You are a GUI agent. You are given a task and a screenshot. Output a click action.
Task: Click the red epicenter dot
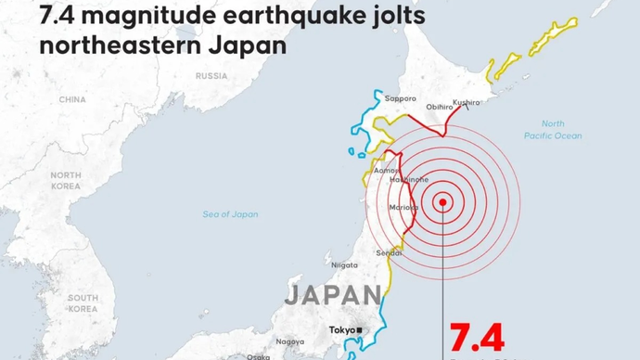[443, 202]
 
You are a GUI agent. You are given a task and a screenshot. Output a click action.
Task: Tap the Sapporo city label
[401, 98]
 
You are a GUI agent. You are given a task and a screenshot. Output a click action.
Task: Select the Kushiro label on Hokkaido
[467, 102]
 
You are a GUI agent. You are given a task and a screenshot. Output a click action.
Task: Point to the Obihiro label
[439, 108]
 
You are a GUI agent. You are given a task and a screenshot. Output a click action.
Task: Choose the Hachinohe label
[408, 179]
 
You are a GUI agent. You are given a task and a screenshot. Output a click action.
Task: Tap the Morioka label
[404, 207]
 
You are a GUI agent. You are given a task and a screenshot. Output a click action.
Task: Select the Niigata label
[344, 265]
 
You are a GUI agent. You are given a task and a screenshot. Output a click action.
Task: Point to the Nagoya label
[289, 341]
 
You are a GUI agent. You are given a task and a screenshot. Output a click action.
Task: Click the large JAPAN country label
[331, 296]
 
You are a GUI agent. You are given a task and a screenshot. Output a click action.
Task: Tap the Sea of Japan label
[230, 214]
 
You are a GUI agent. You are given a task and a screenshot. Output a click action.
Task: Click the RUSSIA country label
[212, 76]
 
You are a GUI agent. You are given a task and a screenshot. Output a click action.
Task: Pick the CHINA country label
[72, 99]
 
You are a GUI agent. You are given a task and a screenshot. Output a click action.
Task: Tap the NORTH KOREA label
[66, 180]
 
